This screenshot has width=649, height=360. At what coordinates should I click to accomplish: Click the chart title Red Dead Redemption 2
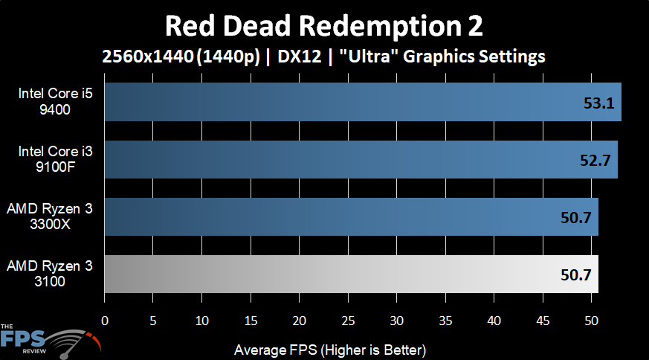click(x=324, y=26)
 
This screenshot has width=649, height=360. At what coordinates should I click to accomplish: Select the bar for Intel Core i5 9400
click(x=362, y=101)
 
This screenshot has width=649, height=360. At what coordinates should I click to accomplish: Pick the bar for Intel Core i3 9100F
click(x=361, y=159)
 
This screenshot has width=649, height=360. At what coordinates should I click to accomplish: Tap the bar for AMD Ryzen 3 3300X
click(x=351, y=216)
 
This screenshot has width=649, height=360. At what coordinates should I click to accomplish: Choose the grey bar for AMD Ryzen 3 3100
click(x=351, y=274)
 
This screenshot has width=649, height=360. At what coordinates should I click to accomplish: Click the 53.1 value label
click(x=598, y=103)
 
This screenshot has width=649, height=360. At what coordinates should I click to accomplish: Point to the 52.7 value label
click(x=595, y=160)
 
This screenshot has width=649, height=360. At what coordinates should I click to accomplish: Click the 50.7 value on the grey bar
click(x=575, y=274)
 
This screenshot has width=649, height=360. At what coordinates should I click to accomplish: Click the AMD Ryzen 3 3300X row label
click(x=51, y=216)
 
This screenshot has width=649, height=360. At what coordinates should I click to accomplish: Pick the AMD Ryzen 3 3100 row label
click(x=51, y=273)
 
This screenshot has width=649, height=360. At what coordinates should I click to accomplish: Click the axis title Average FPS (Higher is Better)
click(x=329, y=349)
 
